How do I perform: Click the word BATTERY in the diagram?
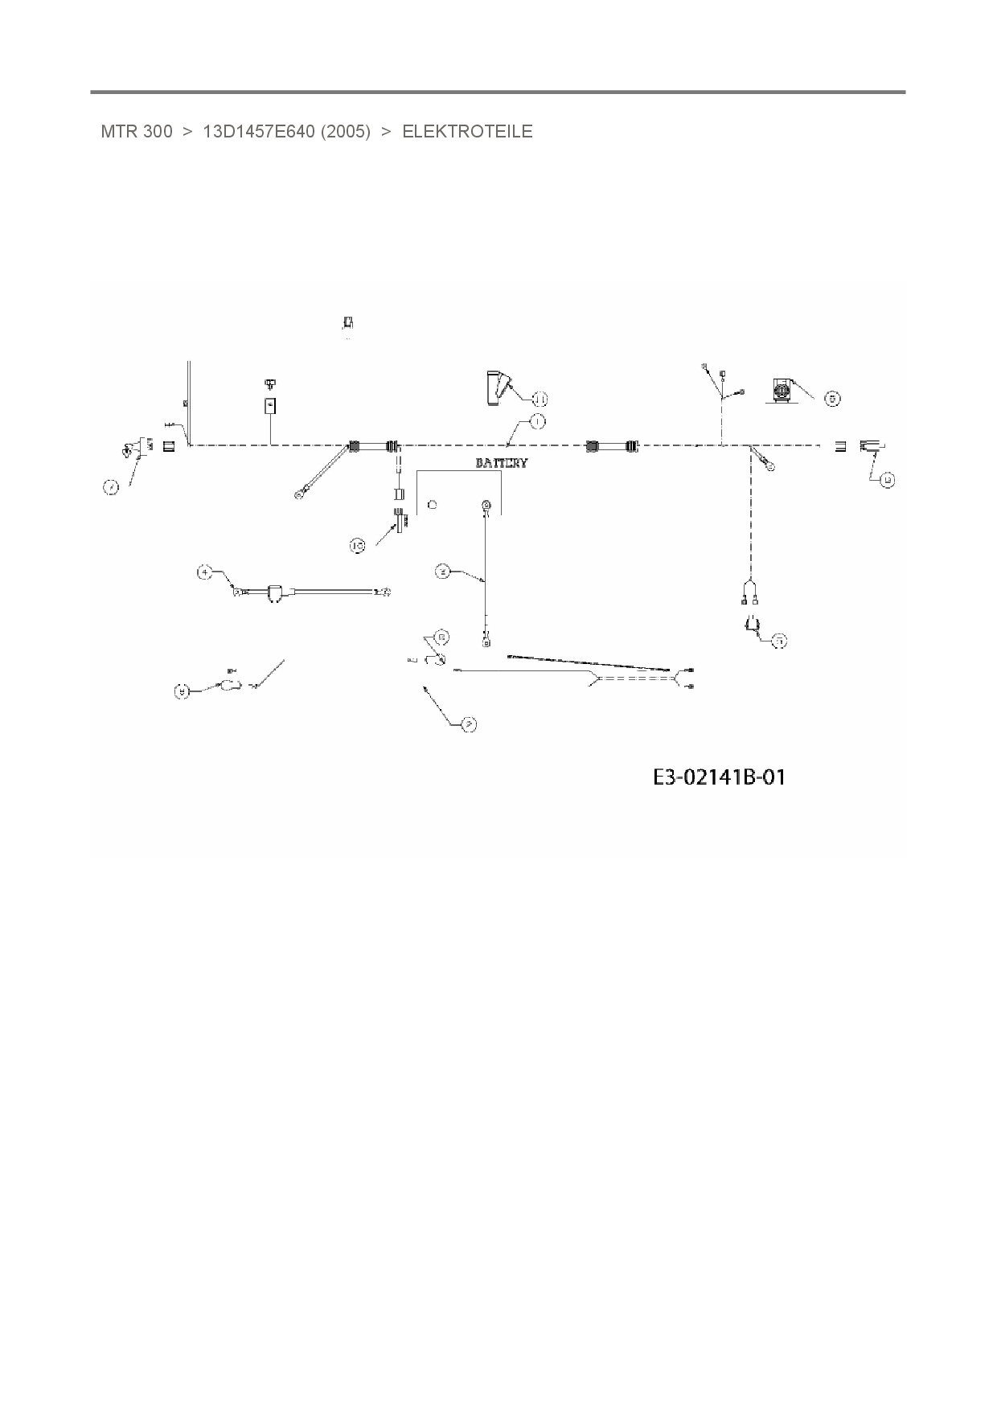[x=502, y=463]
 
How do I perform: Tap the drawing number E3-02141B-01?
[x=719, y=777]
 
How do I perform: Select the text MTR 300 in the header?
[x=136, y=132]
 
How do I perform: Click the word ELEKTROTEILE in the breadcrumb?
[x=467, y=132]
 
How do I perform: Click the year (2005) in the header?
[x=346, y=132]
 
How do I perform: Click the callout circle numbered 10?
[x=358, y=546]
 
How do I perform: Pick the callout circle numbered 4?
[x=205, y=572]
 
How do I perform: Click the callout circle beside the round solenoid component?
[x=833, y=398]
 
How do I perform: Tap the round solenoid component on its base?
[x=782, y=391]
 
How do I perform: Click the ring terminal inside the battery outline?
[x=486, y=506]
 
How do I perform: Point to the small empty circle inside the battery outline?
[x=433, y=504]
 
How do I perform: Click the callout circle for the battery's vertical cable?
[x=442, y=572]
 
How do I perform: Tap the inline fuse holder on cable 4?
[x=273, y=593]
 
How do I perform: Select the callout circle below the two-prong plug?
[x=779, y=641]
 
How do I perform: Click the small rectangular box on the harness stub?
[x=271, y=405]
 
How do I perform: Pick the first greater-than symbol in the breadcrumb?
[x=187, y=132]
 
